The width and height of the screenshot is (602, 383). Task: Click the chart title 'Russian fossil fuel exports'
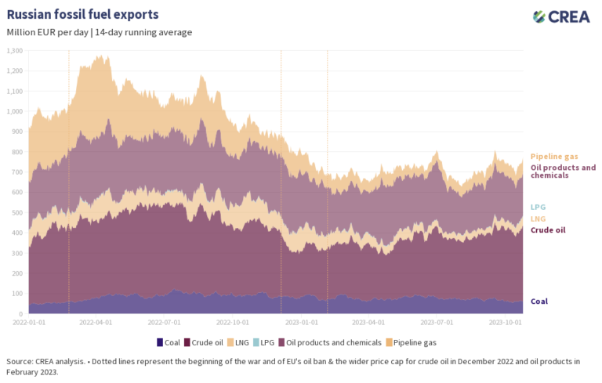[82, 14]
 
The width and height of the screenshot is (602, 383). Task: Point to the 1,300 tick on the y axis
[16, 50]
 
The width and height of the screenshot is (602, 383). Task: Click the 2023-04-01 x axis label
[368, 322]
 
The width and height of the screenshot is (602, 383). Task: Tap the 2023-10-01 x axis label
[506, 322]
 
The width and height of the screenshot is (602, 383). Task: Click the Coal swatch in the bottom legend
[160, 342]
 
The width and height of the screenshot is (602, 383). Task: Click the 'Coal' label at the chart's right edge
[539, 301]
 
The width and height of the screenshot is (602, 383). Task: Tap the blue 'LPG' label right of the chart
[539, 207]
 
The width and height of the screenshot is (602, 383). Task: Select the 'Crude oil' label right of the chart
[548, 230]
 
